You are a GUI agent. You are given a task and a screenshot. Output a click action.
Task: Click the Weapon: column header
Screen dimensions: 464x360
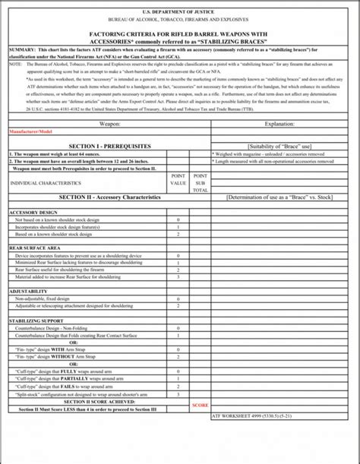(x=109, y=122)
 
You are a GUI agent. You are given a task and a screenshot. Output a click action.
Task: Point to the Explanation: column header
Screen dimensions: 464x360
(x=280, y=122)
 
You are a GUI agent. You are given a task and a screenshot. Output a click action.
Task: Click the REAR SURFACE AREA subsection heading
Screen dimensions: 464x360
(x=35, y=248)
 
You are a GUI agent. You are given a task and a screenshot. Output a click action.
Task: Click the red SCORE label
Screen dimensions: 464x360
(x=200, y=405)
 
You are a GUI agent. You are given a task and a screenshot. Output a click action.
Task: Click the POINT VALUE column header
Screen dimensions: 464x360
(x=178, y=179)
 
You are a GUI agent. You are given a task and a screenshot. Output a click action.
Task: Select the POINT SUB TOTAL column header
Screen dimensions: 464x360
(x=200, y=183)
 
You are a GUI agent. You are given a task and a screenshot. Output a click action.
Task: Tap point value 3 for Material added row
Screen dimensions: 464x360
(x=178, y=277)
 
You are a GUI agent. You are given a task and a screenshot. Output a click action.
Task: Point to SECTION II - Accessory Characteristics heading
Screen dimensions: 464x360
(x=109, y=197)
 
